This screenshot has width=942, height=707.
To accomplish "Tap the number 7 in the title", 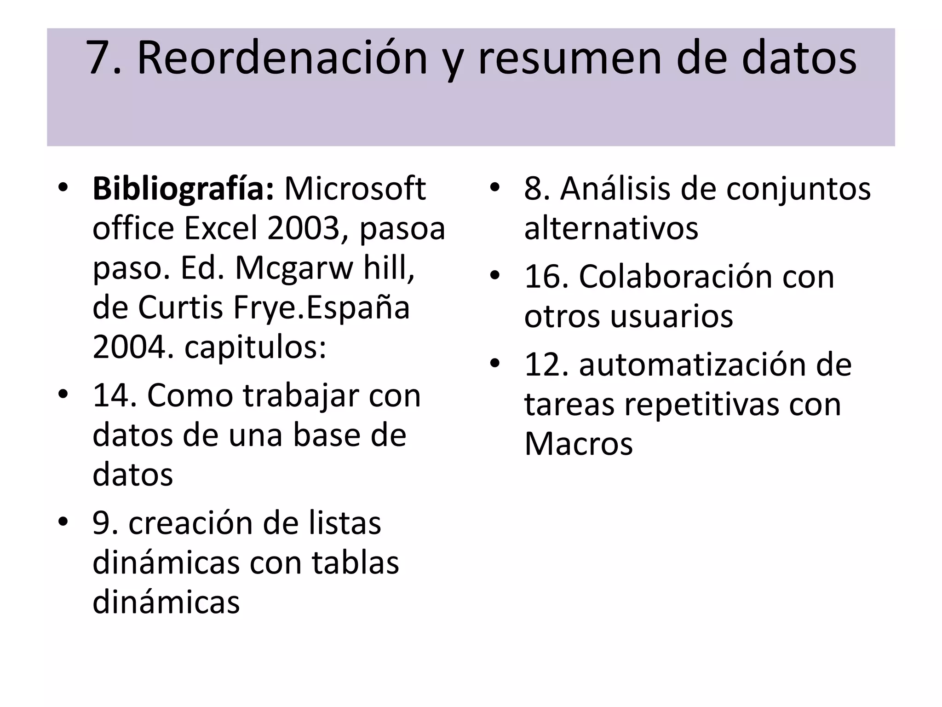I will pyautogui.click(x=98, y=58).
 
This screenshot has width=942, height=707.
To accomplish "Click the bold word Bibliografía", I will pyautogui.click(x=183, y=189).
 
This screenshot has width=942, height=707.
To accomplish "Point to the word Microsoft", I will pyautogui.click(x=355, y=189).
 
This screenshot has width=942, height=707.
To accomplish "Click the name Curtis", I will pyautogui.click(x=180, y=307).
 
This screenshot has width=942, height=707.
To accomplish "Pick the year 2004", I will pyautogui.click(x=128, y=347).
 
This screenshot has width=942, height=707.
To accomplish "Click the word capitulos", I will pyautogui.click(x=255, y=348).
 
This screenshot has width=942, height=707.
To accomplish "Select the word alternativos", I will pyautogui.click(x=611, y=228).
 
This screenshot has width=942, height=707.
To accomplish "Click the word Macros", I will pyautogui.click(x=578, y=444).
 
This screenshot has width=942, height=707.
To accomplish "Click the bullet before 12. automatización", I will pyautogui.click(x=494, y=364).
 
